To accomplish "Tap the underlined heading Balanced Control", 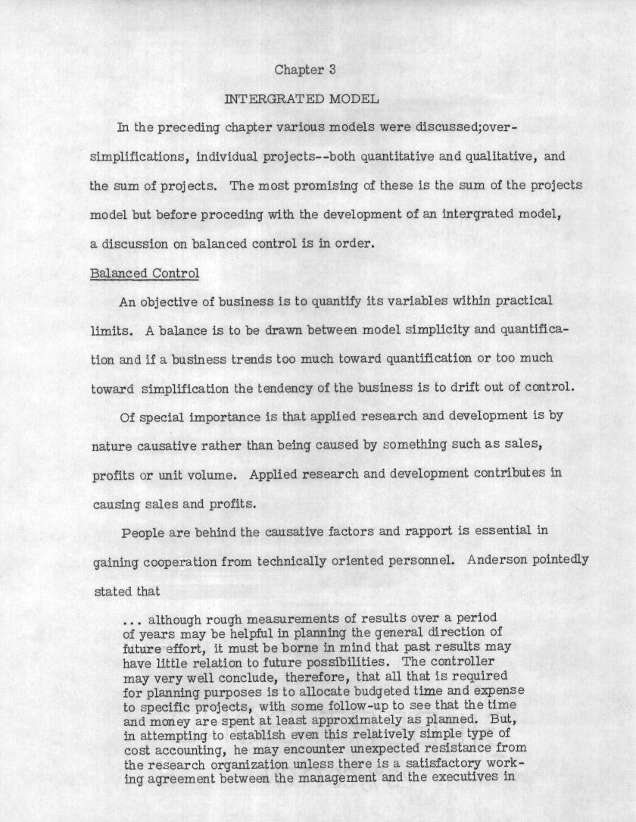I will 145,273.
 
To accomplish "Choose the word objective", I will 168,301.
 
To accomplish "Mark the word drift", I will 471,387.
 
